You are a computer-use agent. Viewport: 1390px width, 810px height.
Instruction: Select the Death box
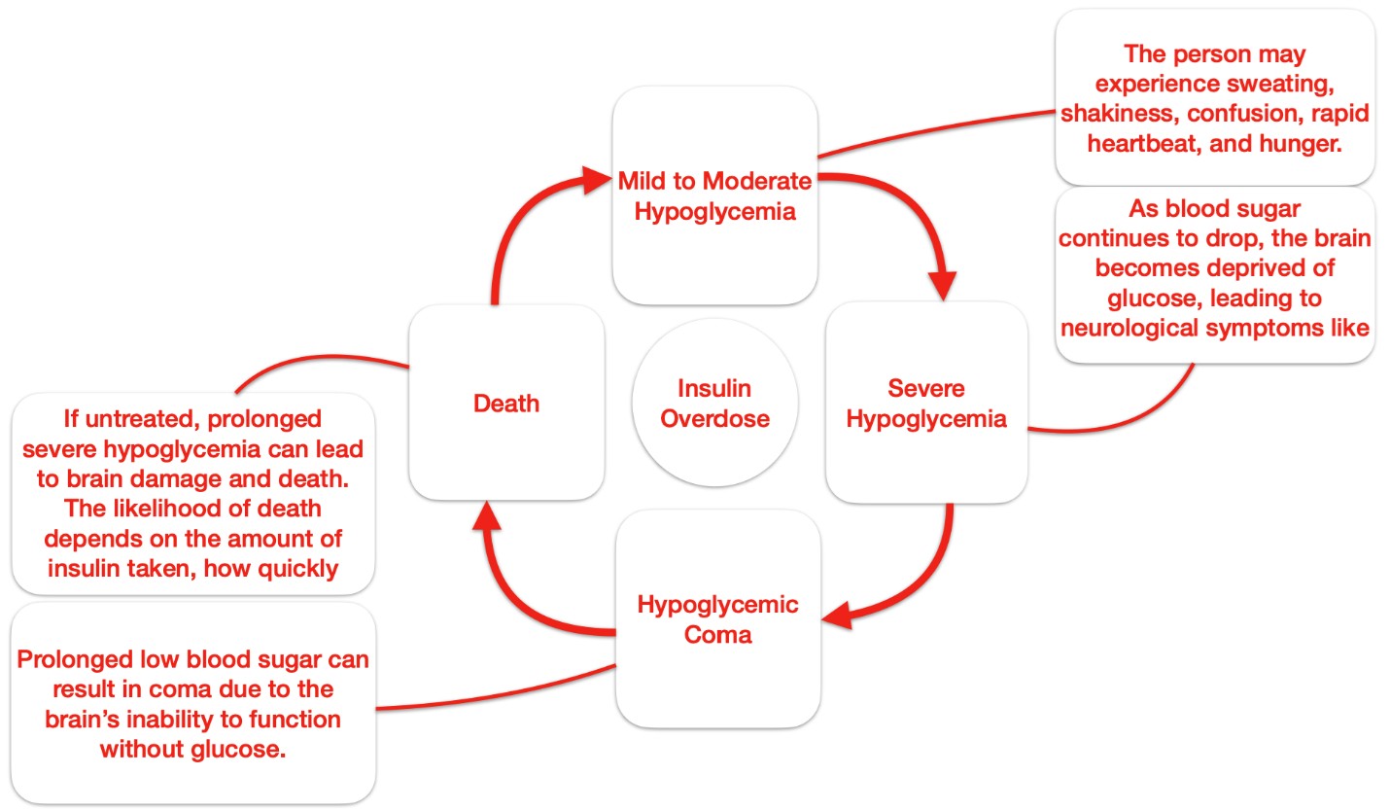(x=505, y=403)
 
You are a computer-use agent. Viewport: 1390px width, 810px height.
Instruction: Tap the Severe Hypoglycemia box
(x=925, y=403)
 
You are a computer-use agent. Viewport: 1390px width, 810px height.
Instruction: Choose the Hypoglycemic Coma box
(x=717, y=619)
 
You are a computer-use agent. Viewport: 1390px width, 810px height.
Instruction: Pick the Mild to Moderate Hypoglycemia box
(x=714, y=195)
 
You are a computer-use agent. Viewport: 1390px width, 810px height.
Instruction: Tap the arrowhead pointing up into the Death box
(x=488, y=520)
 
